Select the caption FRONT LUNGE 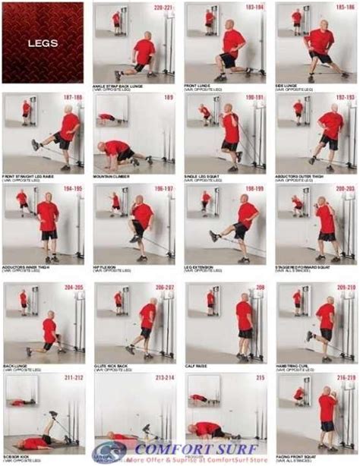click(x=199, y=87)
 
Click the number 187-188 click(x=73, y=99)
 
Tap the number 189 click(x=168, y=99)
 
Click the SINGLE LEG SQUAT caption click(x=205, y=176)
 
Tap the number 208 click(x=259, y=288)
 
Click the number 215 click(x=259, y=377)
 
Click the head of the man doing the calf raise click(x=242, y=294)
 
